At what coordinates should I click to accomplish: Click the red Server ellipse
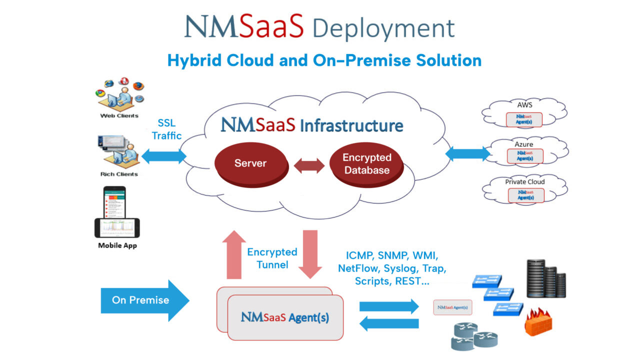pos(251,164)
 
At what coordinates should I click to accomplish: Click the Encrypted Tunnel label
pos(272,258)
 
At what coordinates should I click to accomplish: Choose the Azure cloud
pos(525,151)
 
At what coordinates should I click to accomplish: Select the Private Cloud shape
pos(525,190)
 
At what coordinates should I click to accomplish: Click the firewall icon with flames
pos(538,322)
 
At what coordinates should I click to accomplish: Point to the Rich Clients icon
pos(118,150)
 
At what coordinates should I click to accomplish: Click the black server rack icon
pos(546,278)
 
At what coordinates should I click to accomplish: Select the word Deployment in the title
pos(384,28)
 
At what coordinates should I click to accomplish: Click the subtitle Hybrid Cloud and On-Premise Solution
pos(324,60)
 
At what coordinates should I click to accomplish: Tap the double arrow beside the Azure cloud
pos(468,153)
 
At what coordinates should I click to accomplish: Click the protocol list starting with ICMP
pos(392,268)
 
